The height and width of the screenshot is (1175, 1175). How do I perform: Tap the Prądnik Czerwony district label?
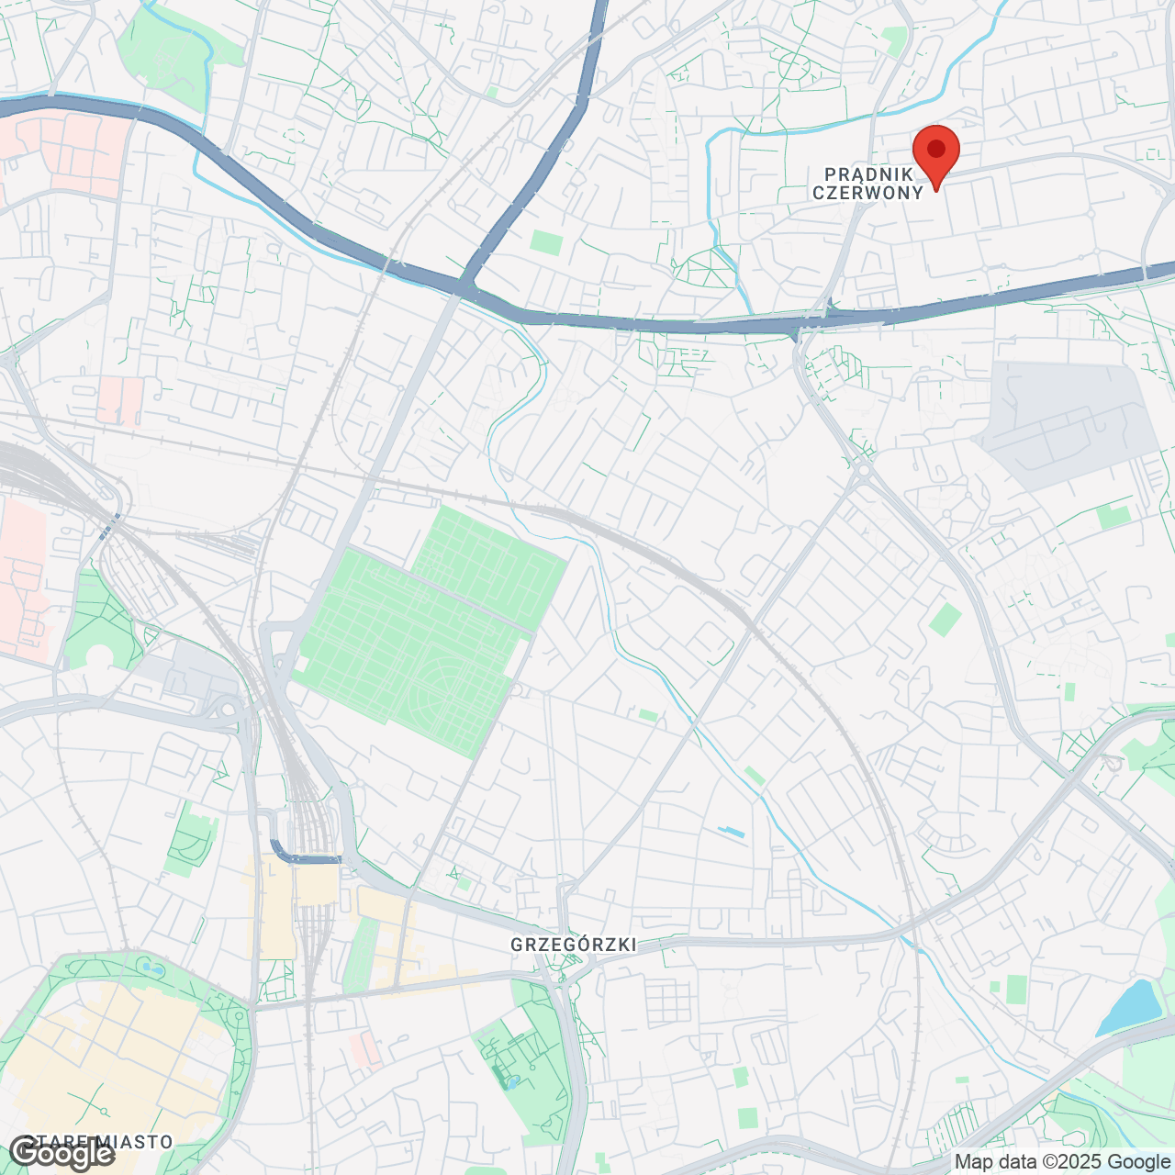(867, 184)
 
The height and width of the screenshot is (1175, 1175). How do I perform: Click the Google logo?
(62, 1153)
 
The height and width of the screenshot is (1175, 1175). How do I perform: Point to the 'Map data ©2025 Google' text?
(1062, 1162)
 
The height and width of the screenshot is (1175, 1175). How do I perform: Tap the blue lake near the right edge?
(1129, 1007)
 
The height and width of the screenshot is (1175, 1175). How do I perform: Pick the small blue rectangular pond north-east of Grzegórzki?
(732, 833)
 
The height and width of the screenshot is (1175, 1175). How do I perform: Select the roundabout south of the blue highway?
(864, 471)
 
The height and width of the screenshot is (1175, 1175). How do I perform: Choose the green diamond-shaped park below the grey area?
(945, 620)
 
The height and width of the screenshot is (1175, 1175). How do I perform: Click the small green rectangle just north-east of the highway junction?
(546, 243)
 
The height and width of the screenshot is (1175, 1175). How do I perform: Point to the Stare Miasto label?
(106, 1142)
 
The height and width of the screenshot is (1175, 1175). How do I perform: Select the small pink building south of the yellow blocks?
(366, 1049)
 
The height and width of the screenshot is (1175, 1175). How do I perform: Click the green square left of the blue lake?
(1015, 989)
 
